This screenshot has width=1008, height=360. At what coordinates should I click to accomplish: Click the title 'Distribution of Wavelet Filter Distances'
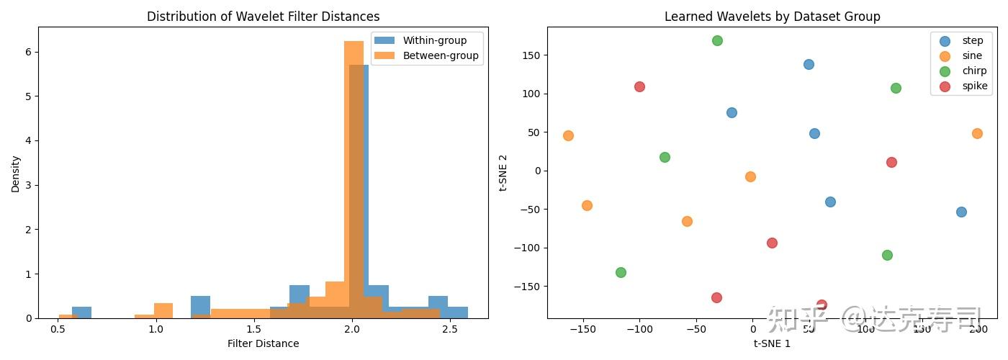(x=263, y=16)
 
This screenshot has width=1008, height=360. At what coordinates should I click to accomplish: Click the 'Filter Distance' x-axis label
(x=263, y=343)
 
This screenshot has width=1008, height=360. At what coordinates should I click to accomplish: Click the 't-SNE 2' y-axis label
(x=504, y=172)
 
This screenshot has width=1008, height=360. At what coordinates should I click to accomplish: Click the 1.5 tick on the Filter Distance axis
(x=253, y=329)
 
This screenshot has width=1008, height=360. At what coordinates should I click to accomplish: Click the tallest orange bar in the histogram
(x=354, y=180)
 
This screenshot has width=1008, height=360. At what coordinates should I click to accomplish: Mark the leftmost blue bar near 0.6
(x=81, y=312)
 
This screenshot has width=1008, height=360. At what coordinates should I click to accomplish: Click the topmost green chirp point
(x=717, y=40)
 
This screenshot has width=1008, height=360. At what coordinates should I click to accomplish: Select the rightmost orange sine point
(x=977, y=133)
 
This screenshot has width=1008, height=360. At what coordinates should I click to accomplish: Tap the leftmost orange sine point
(x=568, y=135)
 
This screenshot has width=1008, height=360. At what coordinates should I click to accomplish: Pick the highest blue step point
(x=809, y=64)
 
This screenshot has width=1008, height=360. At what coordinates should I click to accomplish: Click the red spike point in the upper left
(x=639, y=86)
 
